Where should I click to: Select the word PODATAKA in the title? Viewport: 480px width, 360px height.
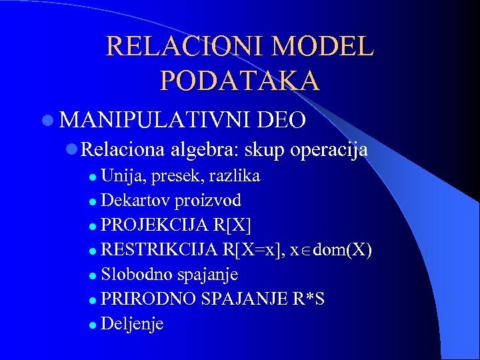(x=239, y=80)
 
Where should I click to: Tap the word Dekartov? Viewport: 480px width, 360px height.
(x=137, y=201)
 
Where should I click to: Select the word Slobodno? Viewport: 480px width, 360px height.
(x=137, y=275)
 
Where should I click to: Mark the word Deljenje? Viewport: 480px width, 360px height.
(x=133, y=324)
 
